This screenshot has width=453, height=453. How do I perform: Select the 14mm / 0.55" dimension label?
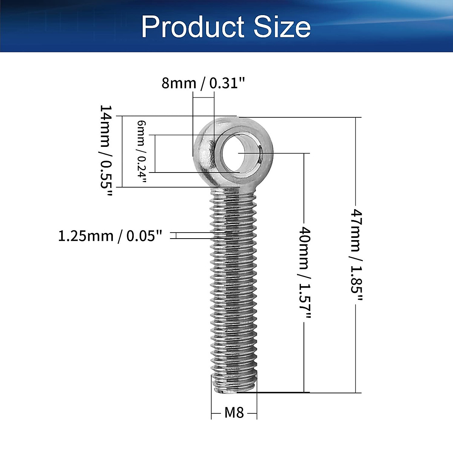pyautogui.click(x=106, y=151)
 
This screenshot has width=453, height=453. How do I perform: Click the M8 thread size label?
pyautogui.click(x=234, y=413)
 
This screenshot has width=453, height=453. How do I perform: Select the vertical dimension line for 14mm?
pyautogui.click(x=122, y=151)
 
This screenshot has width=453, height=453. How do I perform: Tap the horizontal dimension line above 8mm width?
pyautogui.click(x=203, y=97)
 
